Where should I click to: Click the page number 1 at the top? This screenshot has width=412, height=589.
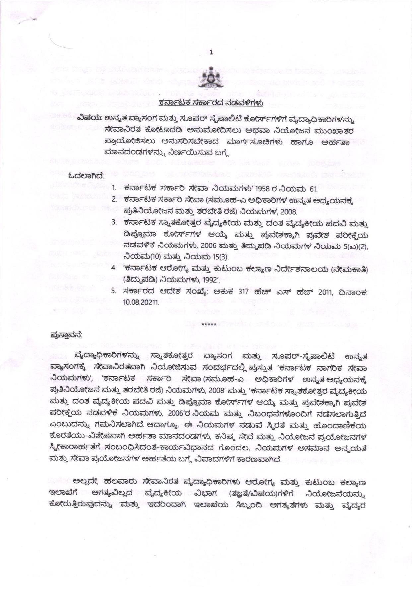(x=211, y=52)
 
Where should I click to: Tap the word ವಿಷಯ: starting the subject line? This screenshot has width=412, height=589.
(x=86, y=118)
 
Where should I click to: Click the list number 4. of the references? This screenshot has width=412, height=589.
(x=114, y=269)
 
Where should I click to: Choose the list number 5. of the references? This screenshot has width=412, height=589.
(x=114, y=291)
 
